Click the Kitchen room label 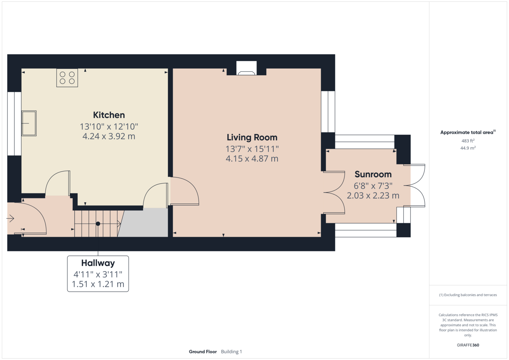(109, 115)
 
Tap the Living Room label (252, 138)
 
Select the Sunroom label (373, 175)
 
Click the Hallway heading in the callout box (98, 263)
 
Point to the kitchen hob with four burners (67, 78)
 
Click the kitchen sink (29, 123)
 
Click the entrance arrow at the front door (10, 219)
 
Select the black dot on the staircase (98, 224)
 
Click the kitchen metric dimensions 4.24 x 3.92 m (109, 136)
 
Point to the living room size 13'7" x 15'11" (252, 149)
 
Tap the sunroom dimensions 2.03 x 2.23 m (373, 195)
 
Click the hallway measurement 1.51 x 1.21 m (98, 284)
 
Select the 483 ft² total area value (468, 141)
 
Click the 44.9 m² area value (468, 148)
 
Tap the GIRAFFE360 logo (468, 345)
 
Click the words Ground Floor (203, 352)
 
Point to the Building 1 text (231, 352)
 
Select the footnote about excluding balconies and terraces (468, 295)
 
